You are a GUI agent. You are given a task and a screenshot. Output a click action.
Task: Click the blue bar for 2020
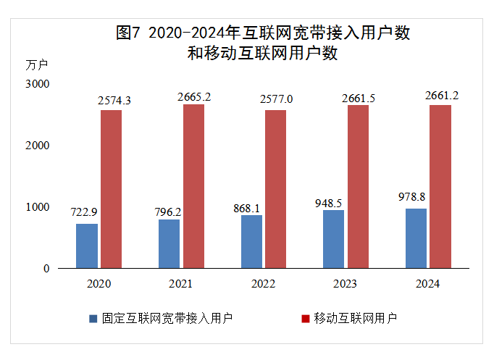(87, 246)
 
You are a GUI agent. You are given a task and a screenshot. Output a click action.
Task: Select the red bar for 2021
(193, 186)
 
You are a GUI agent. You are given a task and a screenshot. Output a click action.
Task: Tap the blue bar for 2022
(251, 241)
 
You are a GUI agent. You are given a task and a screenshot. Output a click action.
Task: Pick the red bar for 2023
(358, 186)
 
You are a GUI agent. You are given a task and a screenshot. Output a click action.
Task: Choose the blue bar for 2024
(416, 238)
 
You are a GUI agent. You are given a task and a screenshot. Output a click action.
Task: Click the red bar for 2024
(440, 186)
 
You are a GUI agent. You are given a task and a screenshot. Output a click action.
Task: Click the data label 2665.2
(194, 96)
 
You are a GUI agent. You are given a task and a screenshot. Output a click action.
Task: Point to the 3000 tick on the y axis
(36, 84)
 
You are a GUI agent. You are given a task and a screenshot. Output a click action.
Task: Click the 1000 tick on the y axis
(36, 207)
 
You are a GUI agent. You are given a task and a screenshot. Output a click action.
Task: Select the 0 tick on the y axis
(46, 269)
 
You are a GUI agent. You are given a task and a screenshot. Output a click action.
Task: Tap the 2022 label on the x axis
(263, 284)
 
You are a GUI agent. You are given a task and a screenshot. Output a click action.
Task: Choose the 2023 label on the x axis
(346, 284)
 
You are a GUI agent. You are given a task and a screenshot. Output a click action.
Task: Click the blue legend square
(93, 318)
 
